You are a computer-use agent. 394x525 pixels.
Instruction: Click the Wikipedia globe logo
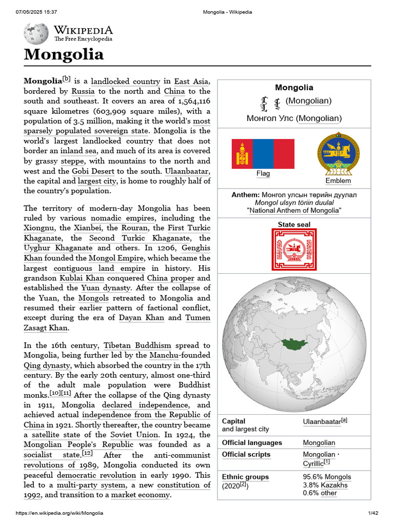point(36,34)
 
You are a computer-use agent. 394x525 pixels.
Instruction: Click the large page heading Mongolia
point(64,54)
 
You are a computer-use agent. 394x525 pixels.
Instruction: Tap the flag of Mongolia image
point(263,153)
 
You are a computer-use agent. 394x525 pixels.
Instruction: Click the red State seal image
point(294,250)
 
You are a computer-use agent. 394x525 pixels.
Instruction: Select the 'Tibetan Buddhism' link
point(137,346)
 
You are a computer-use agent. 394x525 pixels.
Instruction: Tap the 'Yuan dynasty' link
point(106,288)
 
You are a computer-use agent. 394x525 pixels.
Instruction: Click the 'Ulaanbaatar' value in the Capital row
point(322,421)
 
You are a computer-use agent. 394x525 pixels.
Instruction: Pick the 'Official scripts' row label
point(246,455)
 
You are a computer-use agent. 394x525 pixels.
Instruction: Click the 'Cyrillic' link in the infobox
point(313,464)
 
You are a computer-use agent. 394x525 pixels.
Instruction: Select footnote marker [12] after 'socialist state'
point(87,454)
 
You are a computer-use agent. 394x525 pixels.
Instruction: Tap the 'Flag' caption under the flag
point(263,174)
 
